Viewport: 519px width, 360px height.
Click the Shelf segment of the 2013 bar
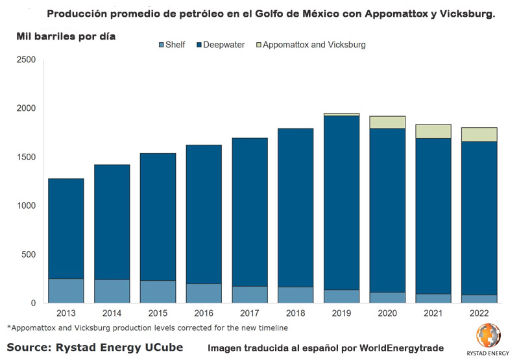66,291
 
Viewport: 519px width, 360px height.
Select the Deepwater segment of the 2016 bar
204,214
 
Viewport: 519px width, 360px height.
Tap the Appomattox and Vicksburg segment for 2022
479,134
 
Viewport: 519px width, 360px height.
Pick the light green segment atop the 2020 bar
387,123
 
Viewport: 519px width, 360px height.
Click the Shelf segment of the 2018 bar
296,295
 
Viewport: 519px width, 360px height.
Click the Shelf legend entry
173,45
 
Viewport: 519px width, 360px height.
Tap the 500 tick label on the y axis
29,254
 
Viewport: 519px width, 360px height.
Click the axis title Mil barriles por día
66,36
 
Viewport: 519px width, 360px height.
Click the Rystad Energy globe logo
488,335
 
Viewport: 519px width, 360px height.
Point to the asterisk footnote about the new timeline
147,328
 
